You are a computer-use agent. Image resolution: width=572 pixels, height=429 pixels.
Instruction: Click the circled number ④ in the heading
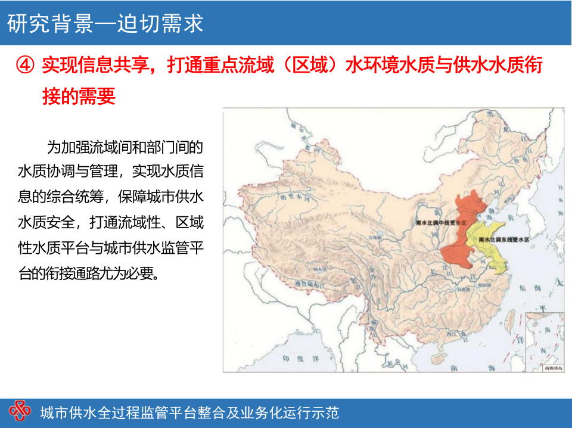26,66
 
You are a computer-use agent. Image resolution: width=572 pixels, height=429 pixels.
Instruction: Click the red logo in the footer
20,411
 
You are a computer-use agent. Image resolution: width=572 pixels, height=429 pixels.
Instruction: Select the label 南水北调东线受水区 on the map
504,239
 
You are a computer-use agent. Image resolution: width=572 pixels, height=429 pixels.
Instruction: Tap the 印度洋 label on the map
293,359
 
